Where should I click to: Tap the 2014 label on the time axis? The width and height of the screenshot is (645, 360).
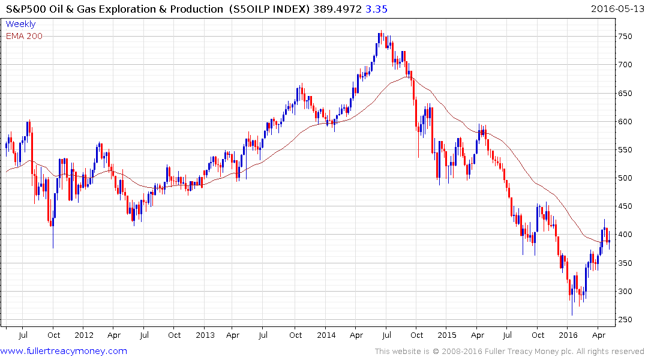pyautogui.click(x=326, y=335)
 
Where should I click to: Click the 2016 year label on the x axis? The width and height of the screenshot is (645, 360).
pyautogui.click(x=568, y=335)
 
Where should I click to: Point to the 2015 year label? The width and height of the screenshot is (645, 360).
pyautogui.click(x=447, y=335)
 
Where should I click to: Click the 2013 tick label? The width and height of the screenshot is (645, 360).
pyautogui.click(x=205, y=335)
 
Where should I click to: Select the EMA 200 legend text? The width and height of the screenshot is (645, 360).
pyautogui.click(x=24, y=36)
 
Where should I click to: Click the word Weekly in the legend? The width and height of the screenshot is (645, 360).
pyautogui.click(x=20, y=25)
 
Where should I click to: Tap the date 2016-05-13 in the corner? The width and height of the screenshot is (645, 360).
pyautogui.click(x=616, y=8)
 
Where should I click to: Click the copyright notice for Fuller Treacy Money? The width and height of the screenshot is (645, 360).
pyautogui.click(x=509, y=351)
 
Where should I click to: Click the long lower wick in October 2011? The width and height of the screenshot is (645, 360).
pyautogui.click(x=53, y=237)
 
